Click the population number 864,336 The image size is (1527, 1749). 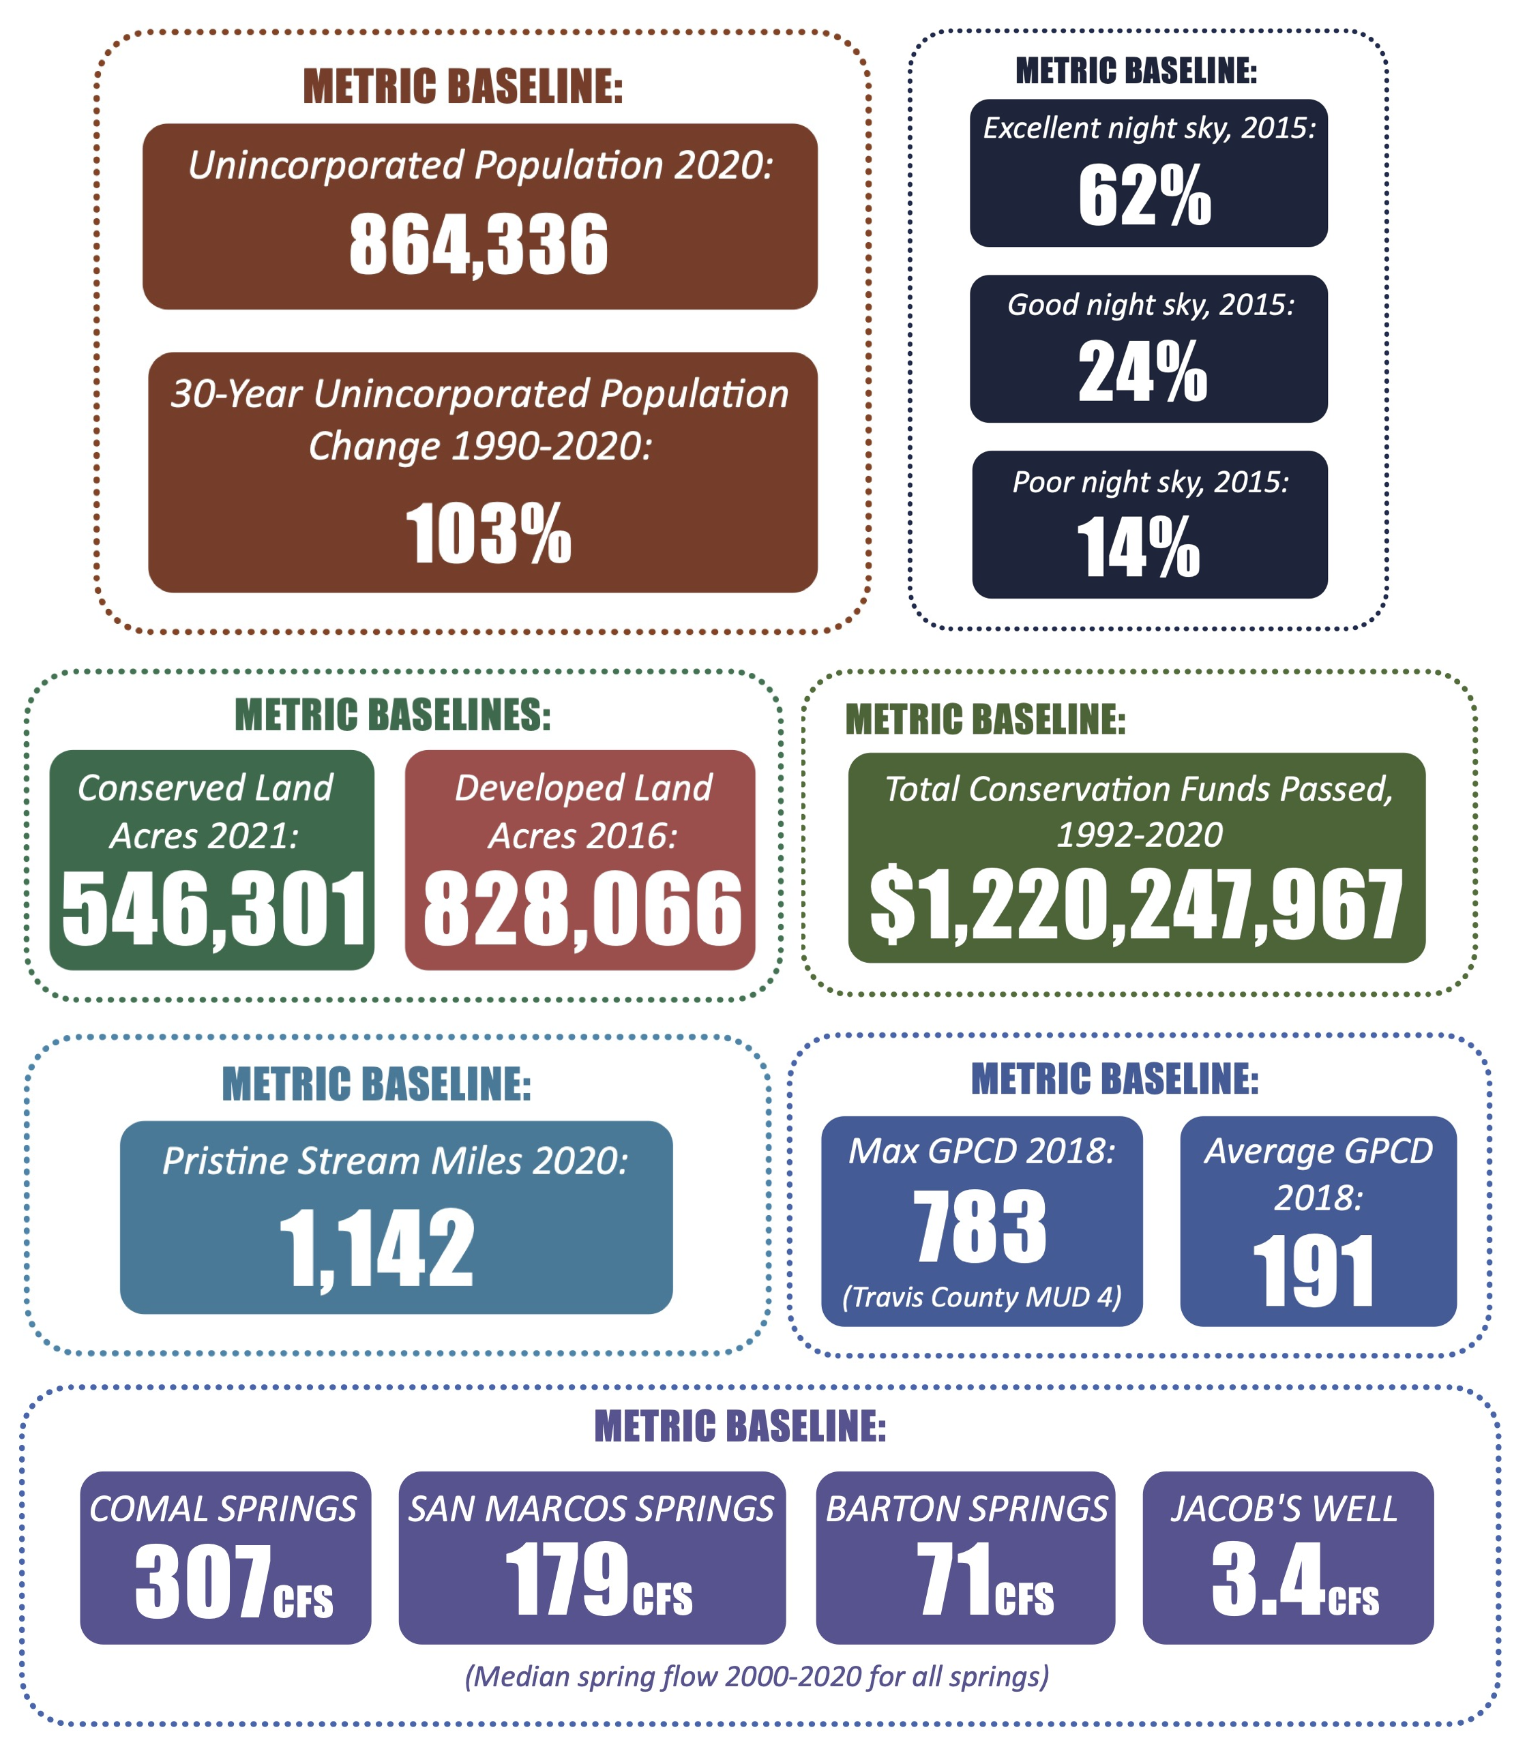(478, 245)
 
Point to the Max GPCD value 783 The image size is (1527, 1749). (980, 1227)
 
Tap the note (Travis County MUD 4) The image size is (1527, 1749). (981, 1297)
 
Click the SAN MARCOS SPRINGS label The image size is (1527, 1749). (591, 1509)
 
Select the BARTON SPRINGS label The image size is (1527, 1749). (966, 1509)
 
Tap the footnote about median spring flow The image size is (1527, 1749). (757, 1676)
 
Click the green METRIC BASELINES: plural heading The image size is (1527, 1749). (393, 715)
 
